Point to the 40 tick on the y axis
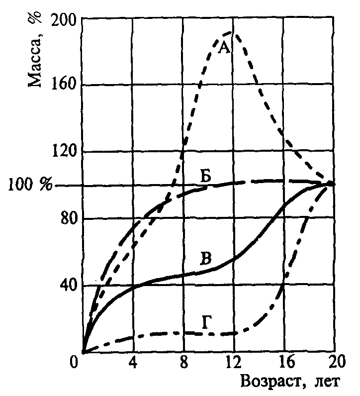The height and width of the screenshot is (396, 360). pyautogui.click(x=67, y=286)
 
